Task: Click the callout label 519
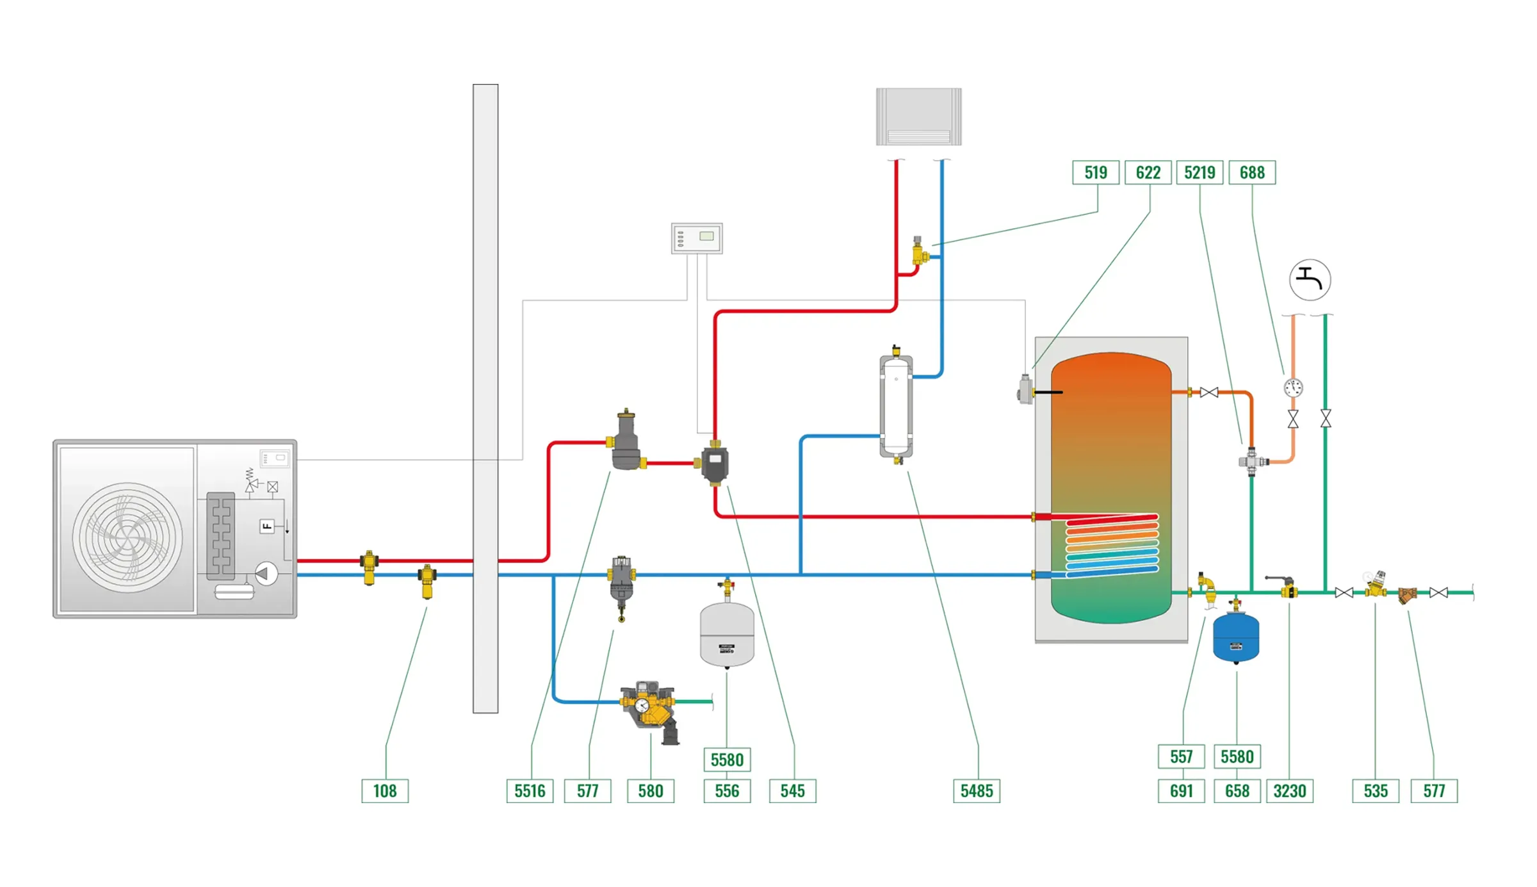click(x=1095, y=172)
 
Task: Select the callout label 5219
click(x=1199, y=172)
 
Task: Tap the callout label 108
click(x=384, y=790)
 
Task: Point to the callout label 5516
click(x=530, y=790)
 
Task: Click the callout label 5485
click(x=976, y=790)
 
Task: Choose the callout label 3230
click(x=1289, y=790)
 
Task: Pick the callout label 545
click(x=792, y=790)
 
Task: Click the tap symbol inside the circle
click(x=1309, y=280)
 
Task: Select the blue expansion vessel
click(x=1235, y=638)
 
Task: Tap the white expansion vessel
click(x=726, y=634)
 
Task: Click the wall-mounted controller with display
click(x=697, y=238)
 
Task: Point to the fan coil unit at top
click(x=918, y=117)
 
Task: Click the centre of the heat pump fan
click(x=127, y=537)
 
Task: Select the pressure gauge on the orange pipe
click(x=1292, y=387)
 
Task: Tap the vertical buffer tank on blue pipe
click(x=895, y=406)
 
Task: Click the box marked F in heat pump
click(x=267, y=526)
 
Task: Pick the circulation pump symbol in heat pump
click(x=266, y=573)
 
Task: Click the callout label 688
click(x=1251, y=172)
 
